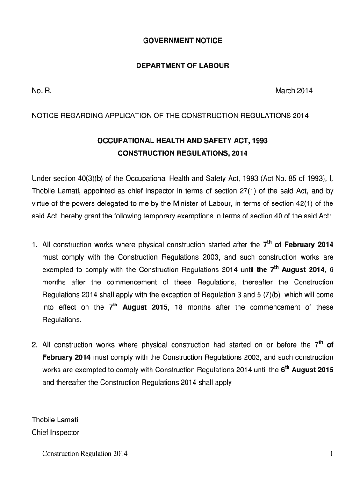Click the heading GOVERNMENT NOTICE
[182, 41]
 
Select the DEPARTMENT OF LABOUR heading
[182, 65]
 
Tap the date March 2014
[294, 91]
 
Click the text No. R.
[42, 91]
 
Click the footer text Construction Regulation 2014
[85, 454]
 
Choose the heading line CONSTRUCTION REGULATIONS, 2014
[182, 153]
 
